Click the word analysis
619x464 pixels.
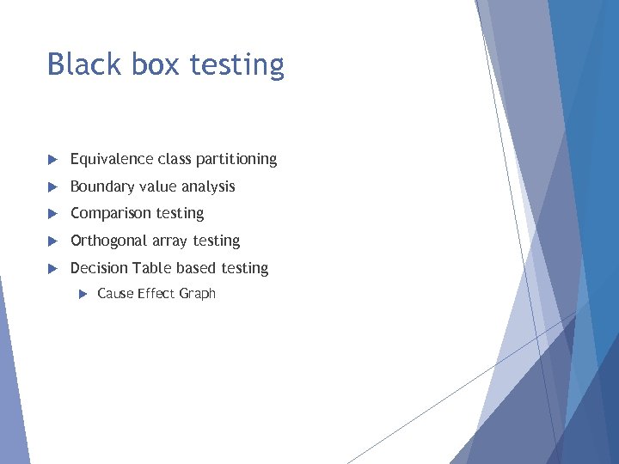[x=207, y=186]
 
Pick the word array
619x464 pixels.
[x=171, y=241]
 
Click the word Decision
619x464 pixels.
[x=98, y=268]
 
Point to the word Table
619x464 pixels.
[x=151, y=268]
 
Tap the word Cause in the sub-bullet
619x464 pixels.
[x=115, y=294]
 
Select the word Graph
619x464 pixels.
[x=197, y=294]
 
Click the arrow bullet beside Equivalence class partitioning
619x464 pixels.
[x=52, y=160]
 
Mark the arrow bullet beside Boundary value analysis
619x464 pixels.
[x=52, y=186]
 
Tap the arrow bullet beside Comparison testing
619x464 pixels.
[x=52, y=214]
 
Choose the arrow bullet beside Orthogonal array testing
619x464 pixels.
[x=52, y=241]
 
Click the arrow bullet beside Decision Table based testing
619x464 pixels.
[x=52, y=269]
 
